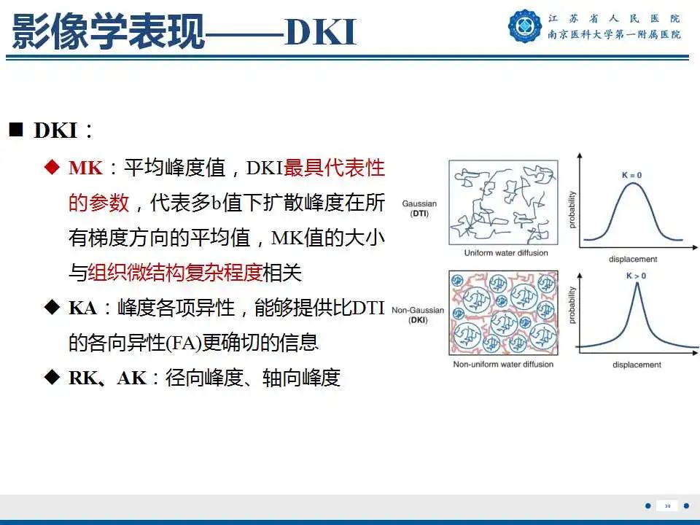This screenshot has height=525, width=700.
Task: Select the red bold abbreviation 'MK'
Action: pos(85,168)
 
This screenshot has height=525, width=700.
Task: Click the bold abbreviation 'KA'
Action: pos(83,308)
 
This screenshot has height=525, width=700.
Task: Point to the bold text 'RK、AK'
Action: pos(108,378)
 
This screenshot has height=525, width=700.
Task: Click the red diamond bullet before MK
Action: pos(51,168)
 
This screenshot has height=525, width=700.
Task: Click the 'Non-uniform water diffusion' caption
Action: pos(503,364)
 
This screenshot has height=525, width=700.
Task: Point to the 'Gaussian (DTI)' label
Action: pos(419,209)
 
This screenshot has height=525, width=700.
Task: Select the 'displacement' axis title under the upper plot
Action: pos(634,259)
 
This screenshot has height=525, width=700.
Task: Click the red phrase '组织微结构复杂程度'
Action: pos(175,273)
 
